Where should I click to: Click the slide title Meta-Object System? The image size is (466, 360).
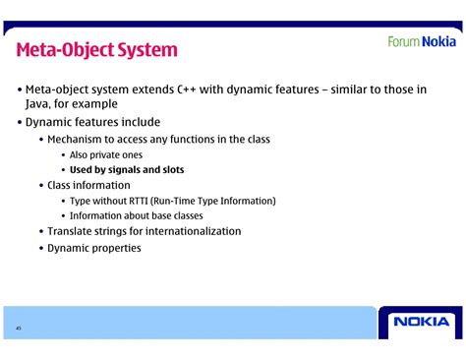[x=96, y=49]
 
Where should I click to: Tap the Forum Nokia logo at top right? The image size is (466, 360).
[x=421, y=41]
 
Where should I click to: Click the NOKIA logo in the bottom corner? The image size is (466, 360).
[x=421, y=322]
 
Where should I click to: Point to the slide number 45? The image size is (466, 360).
[x=18, y=328]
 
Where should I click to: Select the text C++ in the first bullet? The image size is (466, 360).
[x=191, y=90]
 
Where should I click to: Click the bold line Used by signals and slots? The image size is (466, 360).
[x=127, y=170]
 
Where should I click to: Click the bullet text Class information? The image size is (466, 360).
[x=88, y=185]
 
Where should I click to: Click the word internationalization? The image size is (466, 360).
[x=189, y=231]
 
